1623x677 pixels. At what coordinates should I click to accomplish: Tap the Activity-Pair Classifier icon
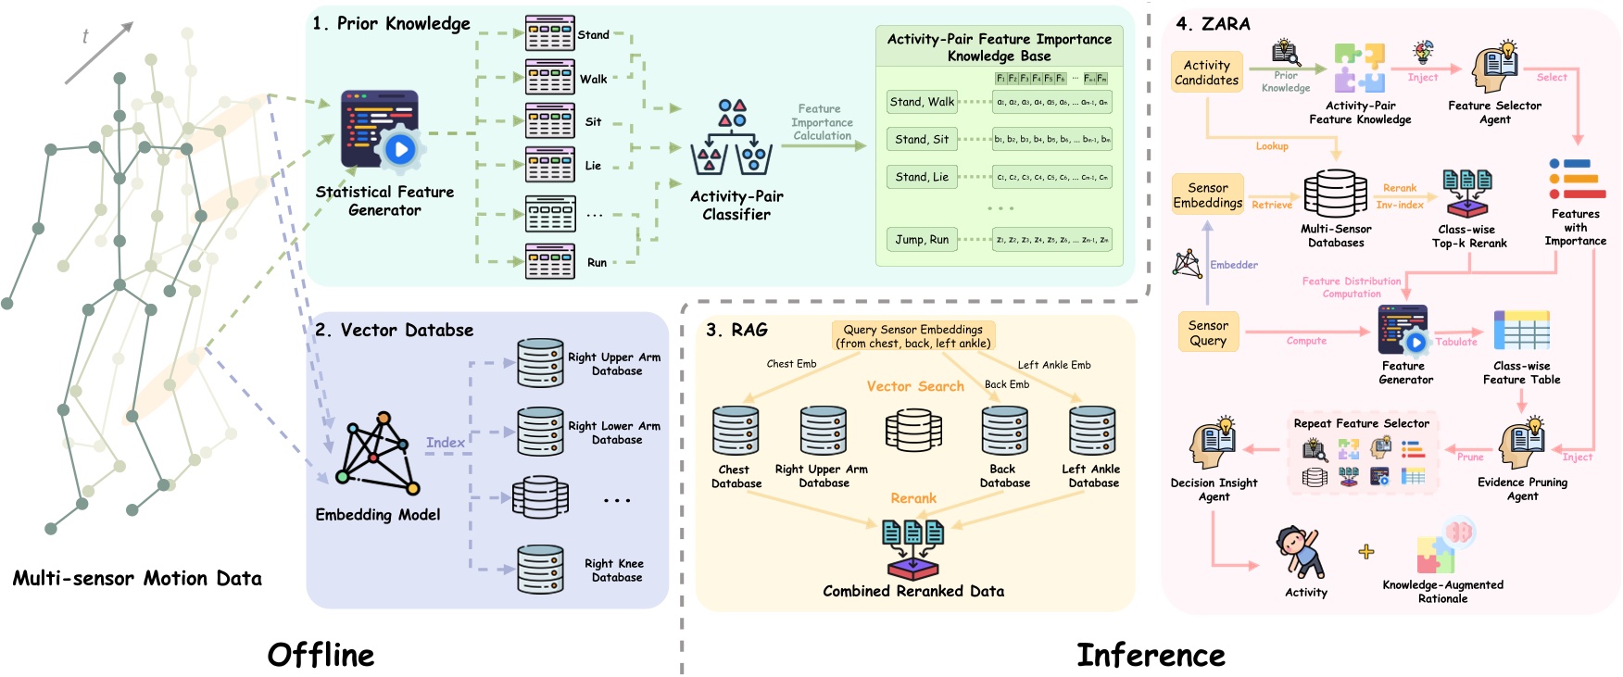pyautogui.click(x=732, y=139)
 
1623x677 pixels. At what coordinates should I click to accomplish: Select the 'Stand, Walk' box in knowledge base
pyautogui.click(x=922, y=102)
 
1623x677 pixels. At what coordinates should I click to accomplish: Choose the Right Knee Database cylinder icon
pyautogui.click(x=540, y=570)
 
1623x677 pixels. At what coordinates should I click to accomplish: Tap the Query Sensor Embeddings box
pyautogui.click(x=912, y=336)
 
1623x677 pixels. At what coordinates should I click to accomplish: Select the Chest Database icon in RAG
pyautogui.click(x=736, y=432)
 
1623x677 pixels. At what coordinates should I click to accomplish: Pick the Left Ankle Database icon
pyautogui.click(x=1092, y=432)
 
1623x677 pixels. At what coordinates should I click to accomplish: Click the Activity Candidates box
pyautogui.click(x=1206, y=72)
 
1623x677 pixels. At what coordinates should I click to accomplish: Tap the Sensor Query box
pyautogui.click(x=1207, y=333)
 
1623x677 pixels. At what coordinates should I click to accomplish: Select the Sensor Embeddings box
pyautogui.click(x=1207, y=195)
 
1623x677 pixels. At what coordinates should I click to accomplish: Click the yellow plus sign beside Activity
pyautogui.click(x=1365, y=552)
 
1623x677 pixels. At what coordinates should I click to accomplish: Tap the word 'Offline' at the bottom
pyautogui.click(x=321, y=655)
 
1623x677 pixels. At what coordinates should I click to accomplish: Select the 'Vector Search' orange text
pyautogui.click(x=915, y=386)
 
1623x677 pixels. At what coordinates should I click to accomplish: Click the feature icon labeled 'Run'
pyautogui.click(x=549, y=262)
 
